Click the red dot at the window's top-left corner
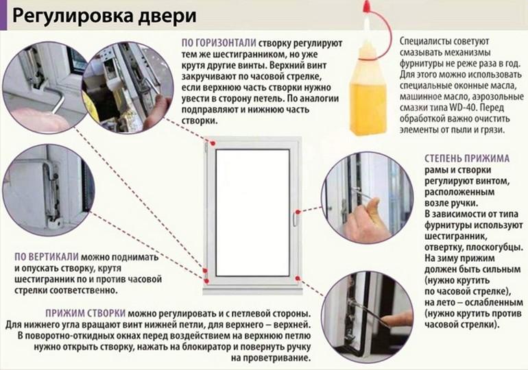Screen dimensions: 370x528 212,143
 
